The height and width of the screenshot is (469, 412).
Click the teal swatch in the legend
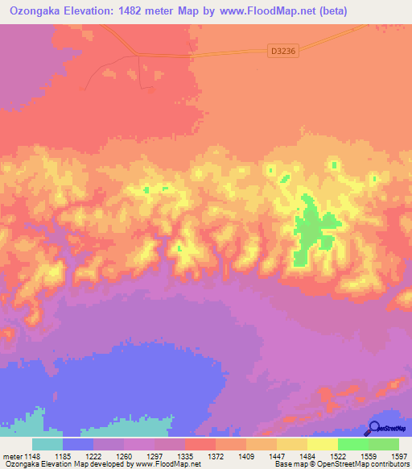pyautogui.click(x=47, y=444)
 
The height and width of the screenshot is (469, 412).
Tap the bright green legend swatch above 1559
pyautogui.click(x=352, y=444)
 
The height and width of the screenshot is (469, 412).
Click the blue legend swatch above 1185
pyautogui.click(x=78, y=444)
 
